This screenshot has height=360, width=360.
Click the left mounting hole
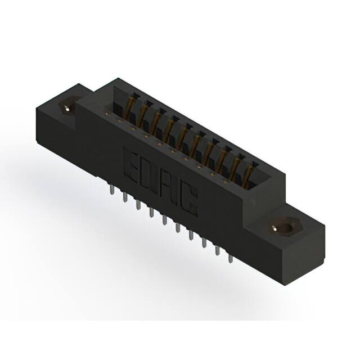tap(68, 107)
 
